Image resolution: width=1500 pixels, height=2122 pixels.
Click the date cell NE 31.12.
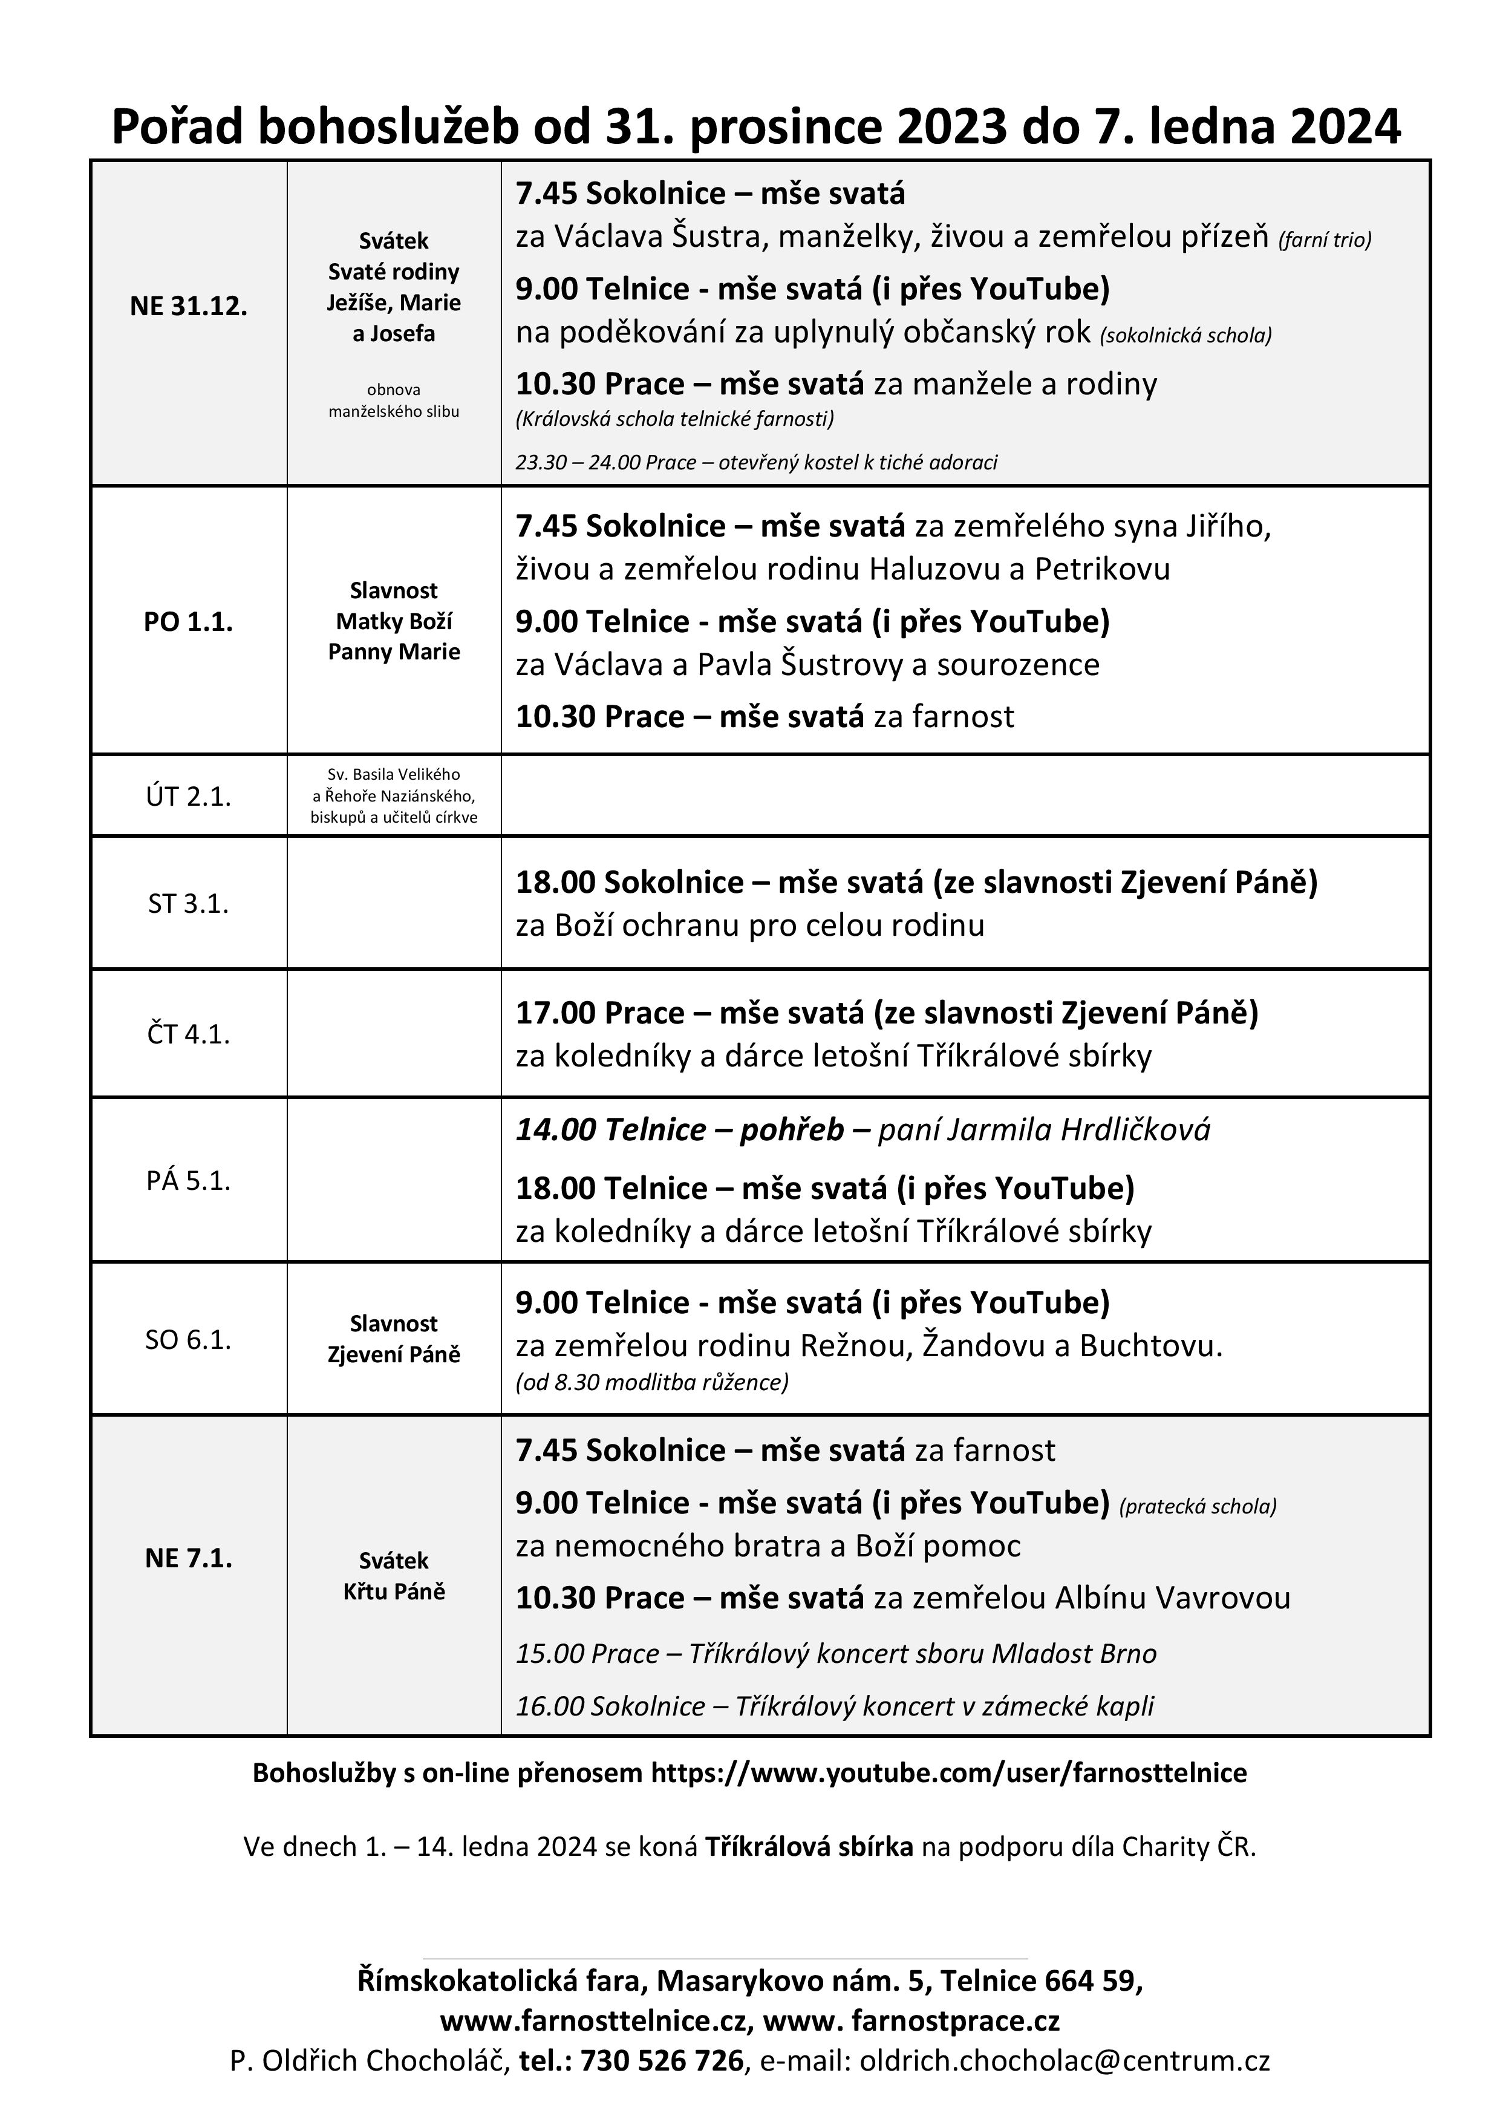pos(189,307)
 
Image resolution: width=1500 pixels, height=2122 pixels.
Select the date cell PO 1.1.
pos(189,622)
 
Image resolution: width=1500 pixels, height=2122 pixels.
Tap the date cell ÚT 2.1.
pos(189,797)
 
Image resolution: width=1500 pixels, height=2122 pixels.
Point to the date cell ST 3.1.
pos(189,903)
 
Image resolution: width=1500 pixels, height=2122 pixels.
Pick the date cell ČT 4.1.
pos(189,1033)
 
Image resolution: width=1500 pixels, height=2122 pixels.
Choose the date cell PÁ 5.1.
pos(189,1180)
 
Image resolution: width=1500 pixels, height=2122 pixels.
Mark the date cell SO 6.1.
pos(189,1339)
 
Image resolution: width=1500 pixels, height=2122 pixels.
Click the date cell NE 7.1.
pos(189,1558)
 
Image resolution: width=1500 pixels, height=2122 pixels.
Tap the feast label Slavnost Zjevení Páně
pos(394,1339)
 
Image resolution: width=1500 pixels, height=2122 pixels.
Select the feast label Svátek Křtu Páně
pos(394,1576)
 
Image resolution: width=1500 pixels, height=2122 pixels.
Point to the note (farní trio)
pos(1325,240)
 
